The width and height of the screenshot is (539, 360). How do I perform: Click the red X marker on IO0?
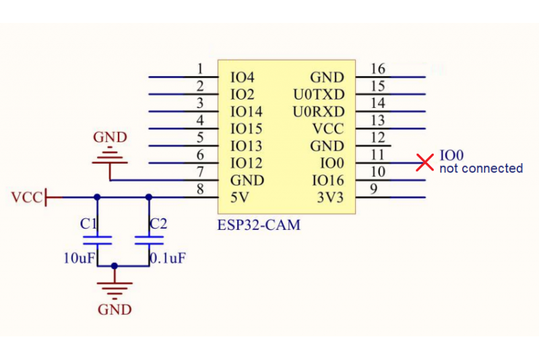tap(424, 162)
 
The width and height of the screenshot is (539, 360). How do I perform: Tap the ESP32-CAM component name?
tap(259, 225)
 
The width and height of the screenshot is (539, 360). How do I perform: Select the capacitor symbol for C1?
tap(97, 239)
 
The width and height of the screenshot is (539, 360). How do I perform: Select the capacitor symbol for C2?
tap(149, 239)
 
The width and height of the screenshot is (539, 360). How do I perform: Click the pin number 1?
tap(200, 69)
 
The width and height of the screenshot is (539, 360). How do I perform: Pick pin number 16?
tap(378, 69)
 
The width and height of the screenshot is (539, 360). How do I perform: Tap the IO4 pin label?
tap(243, 78)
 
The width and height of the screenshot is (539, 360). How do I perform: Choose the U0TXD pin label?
tap(318, 94)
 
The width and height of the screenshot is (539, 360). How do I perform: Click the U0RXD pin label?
tap(318, 111)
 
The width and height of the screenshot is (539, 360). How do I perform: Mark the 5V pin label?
tap(240, 198)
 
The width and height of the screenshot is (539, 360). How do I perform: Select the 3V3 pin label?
tap(330, 198)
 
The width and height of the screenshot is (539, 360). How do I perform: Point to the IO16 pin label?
tap(327, 181)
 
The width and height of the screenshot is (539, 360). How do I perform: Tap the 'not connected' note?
tap(480, 169)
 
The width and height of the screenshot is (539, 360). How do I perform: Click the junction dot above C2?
tap(149, 197)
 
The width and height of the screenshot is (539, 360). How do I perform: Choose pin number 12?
tap(378, 138)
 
